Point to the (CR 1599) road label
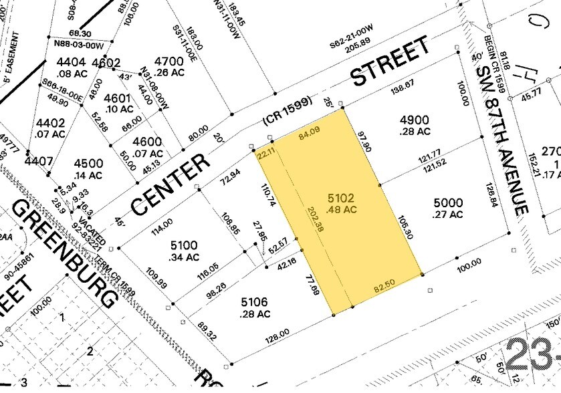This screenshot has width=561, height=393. click(x=288, y=112)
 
